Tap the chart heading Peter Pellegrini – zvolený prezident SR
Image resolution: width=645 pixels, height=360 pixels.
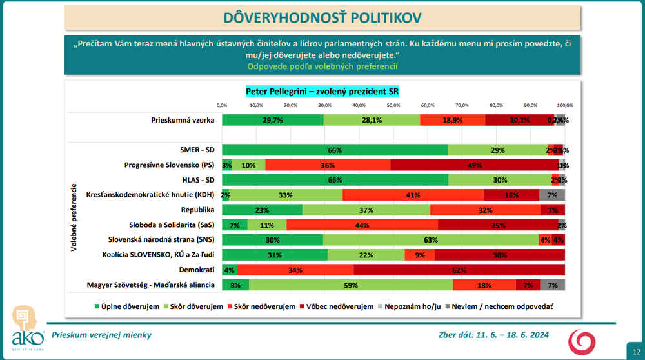(x=322, y=92)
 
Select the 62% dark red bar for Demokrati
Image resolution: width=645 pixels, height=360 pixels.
(x=459, y=270)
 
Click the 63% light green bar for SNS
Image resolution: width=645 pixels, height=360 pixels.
(x=431, y=240)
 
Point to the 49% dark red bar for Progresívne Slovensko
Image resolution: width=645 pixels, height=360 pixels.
(x=475, y=165)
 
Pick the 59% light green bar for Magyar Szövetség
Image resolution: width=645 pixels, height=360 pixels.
(x=351, y=285)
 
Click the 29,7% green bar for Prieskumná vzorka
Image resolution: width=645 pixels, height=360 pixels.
(x=273, y=120)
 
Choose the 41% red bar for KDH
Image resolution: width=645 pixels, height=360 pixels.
(x=413, y=195)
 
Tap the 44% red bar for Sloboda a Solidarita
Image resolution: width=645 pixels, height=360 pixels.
(x=362, y=225)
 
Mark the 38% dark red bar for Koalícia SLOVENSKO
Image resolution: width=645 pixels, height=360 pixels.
(x=499, y=255)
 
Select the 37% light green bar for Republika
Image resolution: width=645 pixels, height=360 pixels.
(x=366, y=210)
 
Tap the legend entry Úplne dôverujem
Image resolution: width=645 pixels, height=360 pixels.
(x=128, y=306)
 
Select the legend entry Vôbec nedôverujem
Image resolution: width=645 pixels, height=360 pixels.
(x=341, y=306)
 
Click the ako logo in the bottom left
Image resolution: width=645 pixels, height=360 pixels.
(x=23, y=332)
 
